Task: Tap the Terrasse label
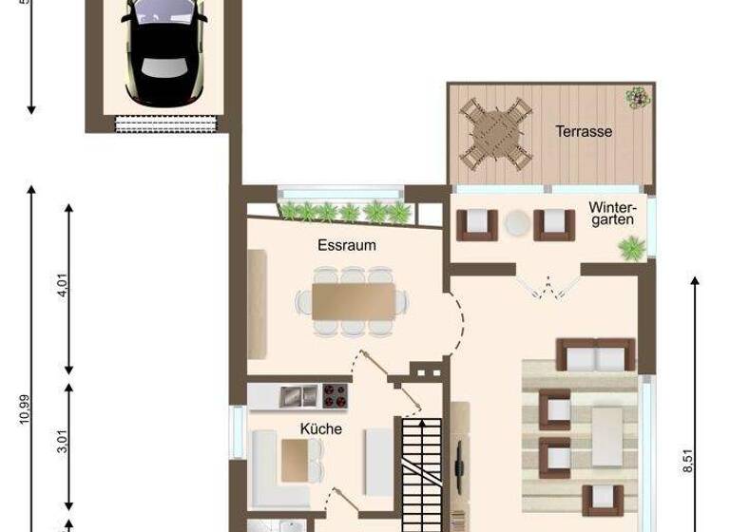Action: point(584,132)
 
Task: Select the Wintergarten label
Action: point(610,214)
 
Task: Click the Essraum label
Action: point(346,245)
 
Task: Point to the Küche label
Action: point(320,428)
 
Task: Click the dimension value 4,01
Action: point(64,285)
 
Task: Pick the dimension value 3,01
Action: point(63,444)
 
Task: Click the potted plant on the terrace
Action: point(636,96)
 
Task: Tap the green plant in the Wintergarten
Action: point(629,249)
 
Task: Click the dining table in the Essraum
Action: point(353,301)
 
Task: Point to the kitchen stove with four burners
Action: point(334,394)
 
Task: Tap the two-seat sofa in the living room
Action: point(595,356)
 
